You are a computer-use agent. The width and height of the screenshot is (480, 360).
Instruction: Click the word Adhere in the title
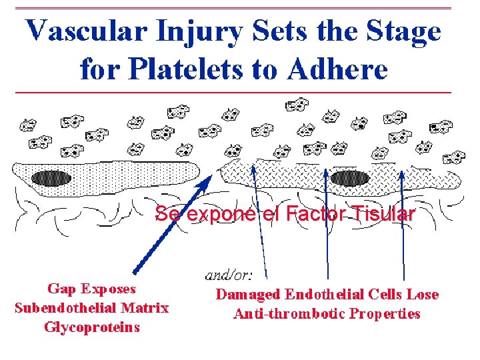tap(341, 68)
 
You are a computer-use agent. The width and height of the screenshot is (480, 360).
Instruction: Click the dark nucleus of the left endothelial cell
tap(50, 178)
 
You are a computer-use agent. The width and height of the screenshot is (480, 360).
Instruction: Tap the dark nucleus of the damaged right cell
tap(349, 178)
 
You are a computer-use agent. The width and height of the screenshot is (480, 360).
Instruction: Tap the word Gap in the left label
tap(61, 289)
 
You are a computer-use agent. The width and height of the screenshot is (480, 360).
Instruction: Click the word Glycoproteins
tap(92, 327)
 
